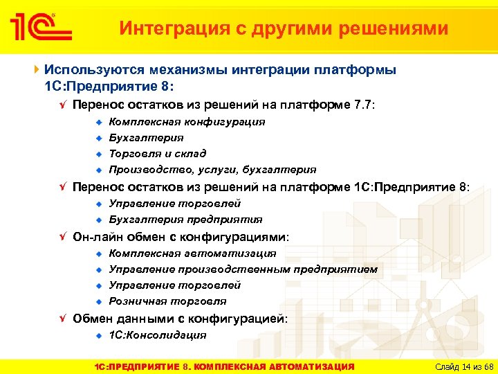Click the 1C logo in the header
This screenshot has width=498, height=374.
click(x=41, y=28)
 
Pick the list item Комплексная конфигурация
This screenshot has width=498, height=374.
click(x=187, y=122)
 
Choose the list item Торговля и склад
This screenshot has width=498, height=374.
click(x=158, y=154)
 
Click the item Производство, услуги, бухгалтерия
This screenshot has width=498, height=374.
click(x=212, y=170)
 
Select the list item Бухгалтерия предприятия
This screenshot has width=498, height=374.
click(x=185, y=220)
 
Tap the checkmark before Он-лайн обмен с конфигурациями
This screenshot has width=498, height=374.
click(x=62, y=237)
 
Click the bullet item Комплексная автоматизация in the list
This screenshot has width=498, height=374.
click(x=192, y=253)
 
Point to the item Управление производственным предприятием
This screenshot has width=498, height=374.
click(x=243, y=269)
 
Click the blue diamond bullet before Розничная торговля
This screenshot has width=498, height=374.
click(x=99, y=301)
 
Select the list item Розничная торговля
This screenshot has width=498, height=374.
click(x=167, y=301)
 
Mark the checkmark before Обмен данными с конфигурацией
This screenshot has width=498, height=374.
click(x=62, y=319)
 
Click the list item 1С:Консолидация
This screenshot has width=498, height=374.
click(x=158, y=335)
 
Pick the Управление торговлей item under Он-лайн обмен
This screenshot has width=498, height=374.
click(x=175, y=285)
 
